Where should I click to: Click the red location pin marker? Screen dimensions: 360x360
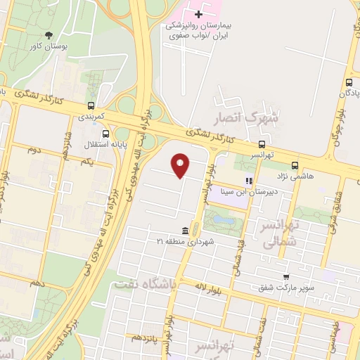181,165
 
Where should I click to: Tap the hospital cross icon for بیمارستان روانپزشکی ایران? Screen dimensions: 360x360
199,13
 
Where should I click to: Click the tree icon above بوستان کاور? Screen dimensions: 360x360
48,35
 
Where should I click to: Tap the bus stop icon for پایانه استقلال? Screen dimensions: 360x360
105,133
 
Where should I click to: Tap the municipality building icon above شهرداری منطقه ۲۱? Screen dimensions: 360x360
184,231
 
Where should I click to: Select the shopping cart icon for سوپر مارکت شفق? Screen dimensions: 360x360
285,277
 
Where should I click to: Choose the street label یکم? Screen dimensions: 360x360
87,161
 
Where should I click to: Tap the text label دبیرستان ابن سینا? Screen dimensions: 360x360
249,191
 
